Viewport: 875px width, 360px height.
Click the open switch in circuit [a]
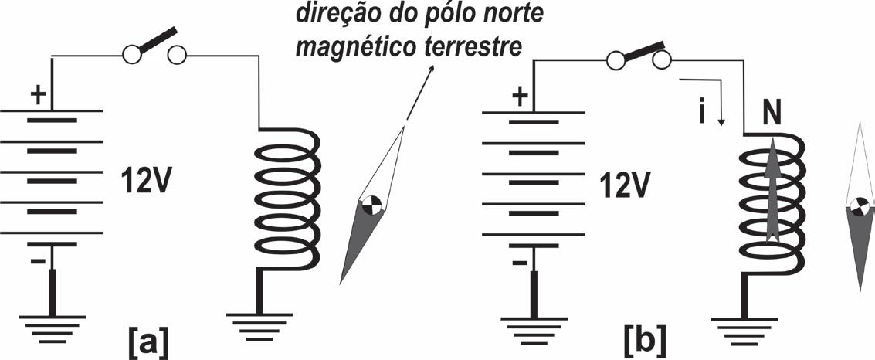[x=154, y=48]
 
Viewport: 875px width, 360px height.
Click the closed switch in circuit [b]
[x=638, y=56]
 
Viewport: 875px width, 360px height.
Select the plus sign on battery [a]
[x=38, y=96]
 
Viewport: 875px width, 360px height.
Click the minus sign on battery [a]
[x=37, y=260]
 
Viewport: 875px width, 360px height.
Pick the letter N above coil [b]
[x=770, y=114]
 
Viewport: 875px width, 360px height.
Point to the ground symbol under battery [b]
[x=532, y=326]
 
